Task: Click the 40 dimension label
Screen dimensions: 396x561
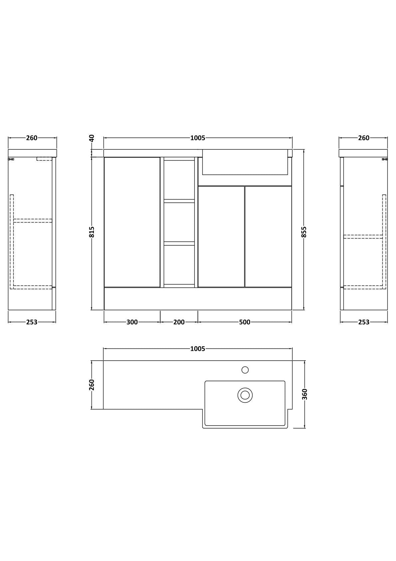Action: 92,138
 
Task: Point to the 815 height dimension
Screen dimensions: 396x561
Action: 92,232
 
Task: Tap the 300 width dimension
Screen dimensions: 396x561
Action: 132,322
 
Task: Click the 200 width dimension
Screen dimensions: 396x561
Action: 179,322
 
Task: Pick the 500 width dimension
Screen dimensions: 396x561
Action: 245,322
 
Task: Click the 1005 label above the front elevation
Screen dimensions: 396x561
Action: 198,138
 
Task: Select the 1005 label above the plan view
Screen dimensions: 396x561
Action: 198,348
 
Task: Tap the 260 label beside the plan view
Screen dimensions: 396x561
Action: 92,385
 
